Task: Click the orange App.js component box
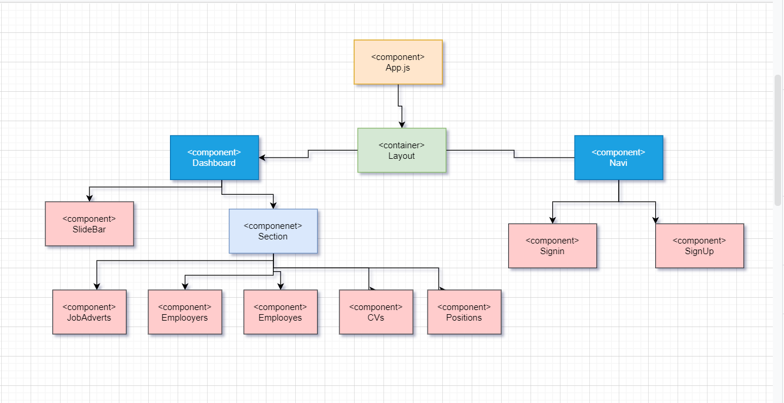[398, 62]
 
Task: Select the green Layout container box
[402, 150]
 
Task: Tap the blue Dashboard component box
[214, 158]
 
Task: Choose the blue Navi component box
[618, 158]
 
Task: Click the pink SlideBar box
[89, 224]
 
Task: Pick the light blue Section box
[273, 231]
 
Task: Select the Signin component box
[552, 246]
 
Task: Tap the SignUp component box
[699, 246]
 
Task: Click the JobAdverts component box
[89, 312]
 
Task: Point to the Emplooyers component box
[185, 312]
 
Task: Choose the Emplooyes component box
[281, 312]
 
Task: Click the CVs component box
[376, 312]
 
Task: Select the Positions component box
[464, 312]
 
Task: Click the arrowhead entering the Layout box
[402, 125]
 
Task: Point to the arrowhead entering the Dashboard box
[262, 158]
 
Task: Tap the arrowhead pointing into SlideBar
[89, 198]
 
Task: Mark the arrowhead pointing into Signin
[552, 220]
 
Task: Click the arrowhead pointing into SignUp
[655, 220]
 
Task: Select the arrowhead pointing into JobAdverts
[96, 286]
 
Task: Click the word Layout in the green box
[402, 156]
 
